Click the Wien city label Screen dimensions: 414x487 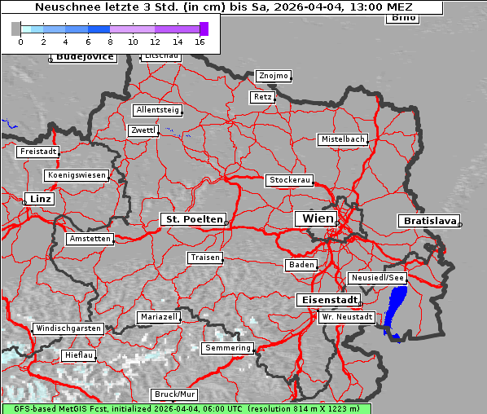click(318, 218)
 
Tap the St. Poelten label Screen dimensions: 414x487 click(192, 219)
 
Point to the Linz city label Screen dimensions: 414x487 click(38, 199)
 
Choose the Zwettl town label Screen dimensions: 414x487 click(143, 130)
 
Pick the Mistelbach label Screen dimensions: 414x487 click(343, 139)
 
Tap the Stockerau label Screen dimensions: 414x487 click(289, 180)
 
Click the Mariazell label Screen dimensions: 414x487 click(159, 316)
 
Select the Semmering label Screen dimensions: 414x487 click(228, 348)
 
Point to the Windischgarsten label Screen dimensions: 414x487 click(68, 328)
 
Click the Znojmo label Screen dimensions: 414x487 click(273, 76)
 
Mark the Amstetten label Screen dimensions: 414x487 click(90, 239)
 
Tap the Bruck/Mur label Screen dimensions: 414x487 click(175, 394)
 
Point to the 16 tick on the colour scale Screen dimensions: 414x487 click(200, 41)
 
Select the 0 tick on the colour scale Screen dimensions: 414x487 click(20, 41)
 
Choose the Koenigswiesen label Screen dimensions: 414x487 click(77, 175)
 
